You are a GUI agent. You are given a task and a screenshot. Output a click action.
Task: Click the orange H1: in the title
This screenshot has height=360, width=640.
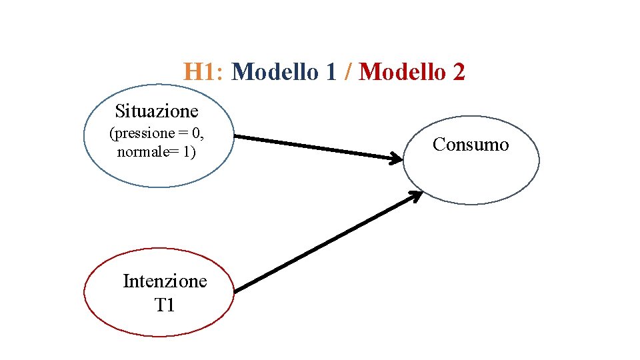pos(206,72)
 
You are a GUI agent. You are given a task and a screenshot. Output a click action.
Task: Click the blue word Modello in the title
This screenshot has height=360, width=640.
pos(276,72)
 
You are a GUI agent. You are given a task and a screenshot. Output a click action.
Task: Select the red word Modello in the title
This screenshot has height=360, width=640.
pos(402,72)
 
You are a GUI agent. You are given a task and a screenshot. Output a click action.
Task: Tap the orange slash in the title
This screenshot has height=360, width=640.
pos(348,72)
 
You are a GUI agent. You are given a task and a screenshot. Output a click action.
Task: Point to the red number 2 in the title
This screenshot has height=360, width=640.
pos(458,72)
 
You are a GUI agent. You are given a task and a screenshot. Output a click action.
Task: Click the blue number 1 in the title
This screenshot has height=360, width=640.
pos(331,72)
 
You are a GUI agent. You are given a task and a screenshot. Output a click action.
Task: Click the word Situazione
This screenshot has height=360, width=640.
pos(157,110)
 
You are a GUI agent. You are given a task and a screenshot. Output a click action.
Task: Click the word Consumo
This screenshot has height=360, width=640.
pos(471,144)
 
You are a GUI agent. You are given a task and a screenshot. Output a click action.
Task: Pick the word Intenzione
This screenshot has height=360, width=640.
pos(165,281)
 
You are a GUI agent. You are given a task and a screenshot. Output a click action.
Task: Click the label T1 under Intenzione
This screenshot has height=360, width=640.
pos(164,305)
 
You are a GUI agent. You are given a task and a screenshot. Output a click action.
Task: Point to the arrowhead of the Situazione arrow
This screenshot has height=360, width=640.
pos(397,158)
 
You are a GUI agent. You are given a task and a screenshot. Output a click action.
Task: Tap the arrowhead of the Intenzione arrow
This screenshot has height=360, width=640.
pos(415,196)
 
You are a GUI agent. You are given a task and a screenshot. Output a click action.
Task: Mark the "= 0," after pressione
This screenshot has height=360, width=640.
pos(191,133)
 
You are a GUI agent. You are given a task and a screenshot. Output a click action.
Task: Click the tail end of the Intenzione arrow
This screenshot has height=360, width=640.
pos(237,290)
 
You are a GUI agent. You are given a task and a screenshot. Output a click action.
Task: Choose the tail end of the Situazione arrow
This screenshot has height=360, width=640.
pos(237,137)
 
